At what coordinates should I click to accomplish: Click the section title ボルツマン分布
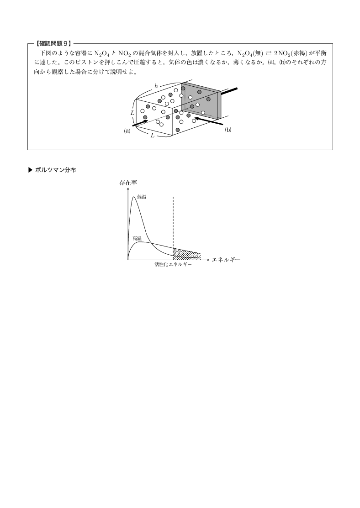coord(55,170)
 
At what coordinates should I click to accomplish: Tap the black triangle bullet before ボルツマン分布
coord(31,170)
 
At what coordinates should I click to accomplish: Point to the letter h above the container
coord(156,86)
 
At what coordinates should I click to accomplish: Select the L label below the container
coord(153,136)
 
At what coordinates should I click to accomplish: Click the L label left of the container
coord(132,113)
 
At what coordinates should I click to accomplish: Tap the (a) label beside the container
coord(127,131)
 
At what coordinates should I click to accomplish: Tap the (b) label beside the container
coord(228,130)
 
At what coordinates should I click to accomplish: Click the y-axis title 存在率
coord(128,183)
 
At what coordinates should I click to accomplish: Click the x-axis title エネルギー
coord(226,260)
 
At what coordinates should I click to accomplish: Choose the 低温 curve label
coord(142,197)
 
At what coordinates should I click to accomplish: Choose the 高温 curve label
coord(137,238)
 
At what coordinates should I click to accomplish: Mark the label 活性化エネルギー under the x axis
coord(173,264)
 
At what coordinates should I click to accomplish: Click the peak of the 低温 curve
coord(134,197)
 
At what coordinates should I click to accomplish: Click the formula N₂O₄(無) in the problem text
coord(250,53)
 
